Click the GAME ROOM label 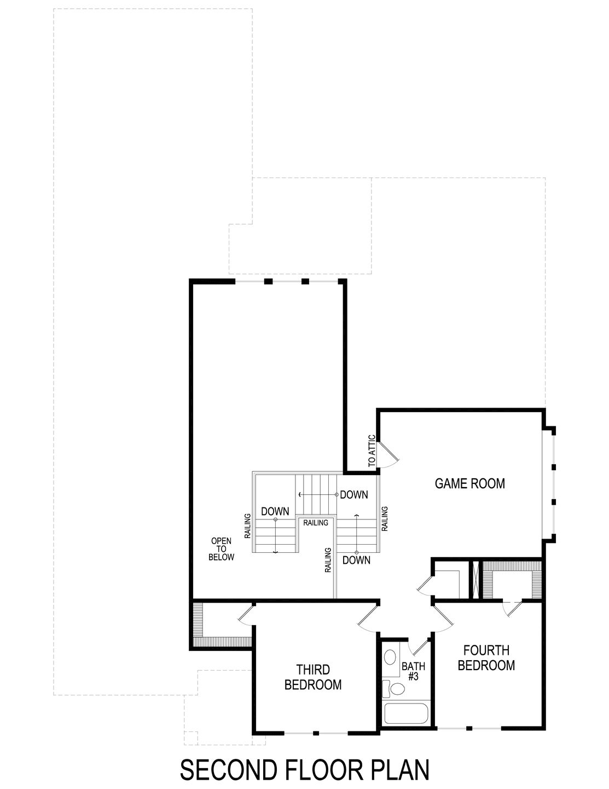coord(469,483)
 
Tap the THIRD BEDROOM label coord(313,677)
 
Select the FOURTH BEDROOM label coord(486,658)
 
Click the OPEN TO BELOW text coord(221,549)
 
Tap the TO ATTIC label coord(372,450)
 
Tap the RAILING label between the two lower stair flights coord(316,523)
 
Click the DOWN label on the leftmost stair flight coord(275,511)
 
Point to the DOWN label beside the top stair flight coord(353,495)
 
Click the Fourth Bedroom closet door coord(512,609)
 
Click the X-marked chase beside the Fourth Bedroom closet coord(475,580)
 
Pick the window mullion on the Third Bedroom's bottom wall coord(315,733)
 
